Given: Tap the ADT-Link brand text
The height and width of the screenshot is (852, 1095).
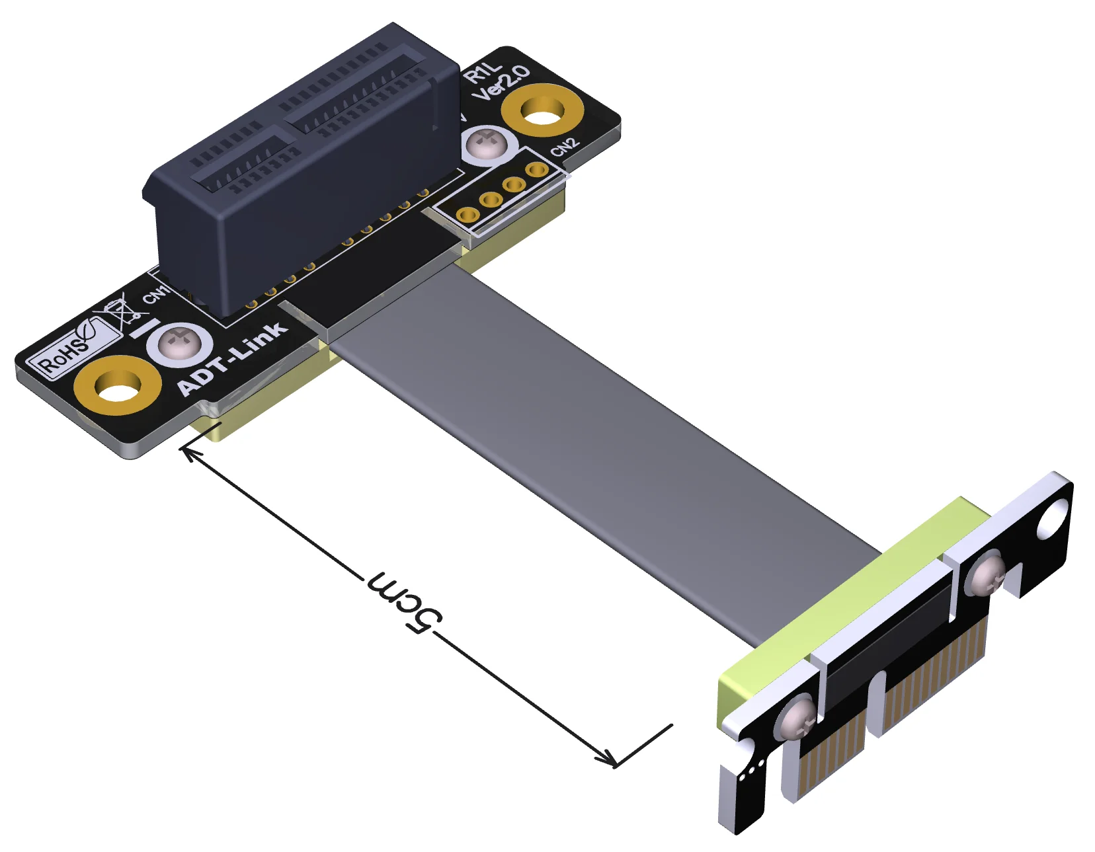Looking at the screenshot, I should click(x=233, y=359).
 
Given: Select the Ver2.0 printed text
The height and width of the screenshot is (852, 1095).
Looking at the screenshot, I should click(x=501, y=83).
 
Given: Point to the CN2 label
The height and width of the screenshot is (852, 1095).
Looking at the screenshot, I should click(x=565, y=147).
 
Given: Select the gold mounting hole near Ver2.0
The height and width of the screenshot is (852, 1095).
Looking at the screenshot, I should click(x=542, y=110).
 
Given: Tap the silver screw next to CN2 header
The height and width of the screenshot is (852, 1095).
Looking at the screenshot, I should click(x=489, y=143).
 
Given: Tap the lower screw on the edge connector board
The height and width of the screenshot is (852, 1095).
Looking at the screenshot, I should click(x=798, y=718).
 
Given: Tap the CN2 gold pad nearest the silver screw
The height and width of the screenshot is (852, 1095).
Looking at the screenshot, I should click(x=536, y=170).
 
